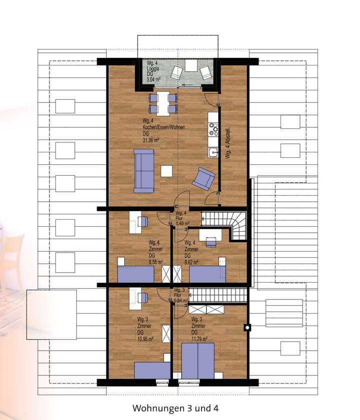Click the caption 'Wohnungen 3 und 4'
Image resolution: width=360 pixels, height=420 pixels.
(x=175, y=408)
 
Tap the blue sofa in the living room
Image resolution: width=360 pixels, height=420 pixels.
(x=144, y=171)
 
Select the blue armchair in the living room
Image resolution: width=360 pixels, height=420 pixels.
(x=203, y=178)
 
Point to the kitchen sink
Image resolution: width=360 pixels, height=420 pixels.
(x=213, y=152)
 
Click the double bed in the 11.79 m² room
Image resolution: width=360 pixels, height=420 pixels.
(x=197, y=361)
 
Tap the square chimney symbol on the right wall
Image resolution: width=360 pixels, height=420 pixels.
(x=247, y=328)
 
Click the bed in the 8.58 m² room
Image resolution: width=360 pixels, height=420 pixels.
(x=135, y=274)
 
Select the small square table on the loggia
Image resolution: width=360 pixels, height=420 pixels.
(x=191, y=65)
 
